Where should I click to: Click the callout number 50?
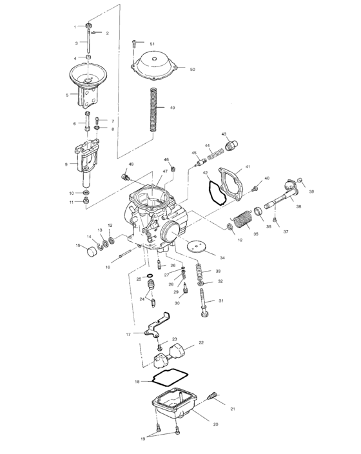tap(191, 68)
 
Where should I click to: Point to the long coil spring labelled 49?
tap(155, 108)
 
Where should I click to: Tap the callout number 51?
tap(153, 43)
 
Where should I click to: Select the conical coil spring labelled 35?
tap(241, 221)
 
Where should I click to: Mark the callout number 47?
tap(165, 172)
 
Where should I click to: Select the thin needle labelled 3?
tap(87, 43)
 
